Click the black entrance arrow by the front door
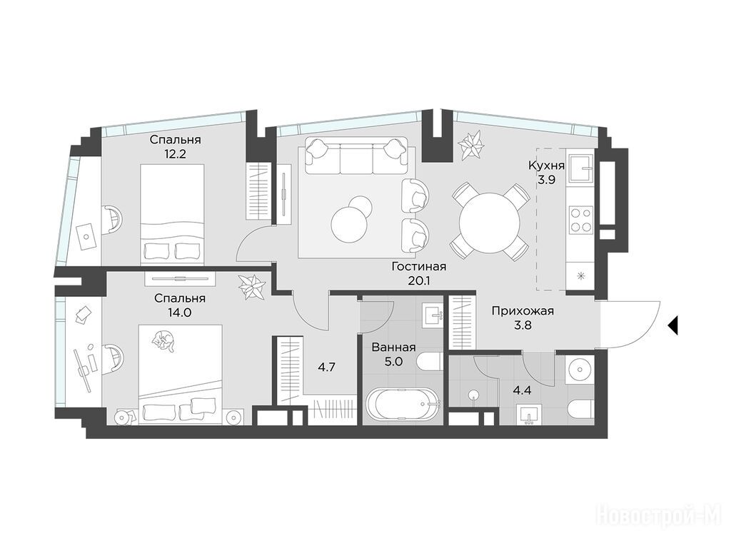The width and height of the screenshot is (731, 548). [x=672, y=325]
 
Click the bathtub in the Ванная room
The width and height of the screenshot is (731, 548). [x=403, y=404]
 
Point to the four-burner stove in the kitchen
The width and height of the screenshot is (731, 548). [x=581, y=220]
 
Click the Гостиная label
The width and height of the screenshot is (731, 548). [x=419, y=267]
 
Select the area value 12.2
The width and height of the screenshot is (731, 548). [x=175, y=153]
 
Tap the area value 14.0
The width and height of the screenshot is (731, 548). [x=180, y=313]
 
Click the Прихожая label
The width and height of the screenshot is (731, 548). [x=523, y=311]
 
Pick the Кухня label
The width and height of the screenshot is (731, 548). [x=546, y=166]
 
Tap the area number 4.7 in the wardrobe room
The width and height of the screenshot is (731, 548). [x=326, y=367]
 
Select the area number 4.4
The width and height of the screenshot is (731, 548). [x=522, y=390]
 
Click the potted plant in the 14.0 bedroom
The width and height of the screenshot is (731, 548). [x=252, y=287]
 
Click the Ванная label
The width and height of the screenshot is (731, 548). [x=394, y=347]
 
